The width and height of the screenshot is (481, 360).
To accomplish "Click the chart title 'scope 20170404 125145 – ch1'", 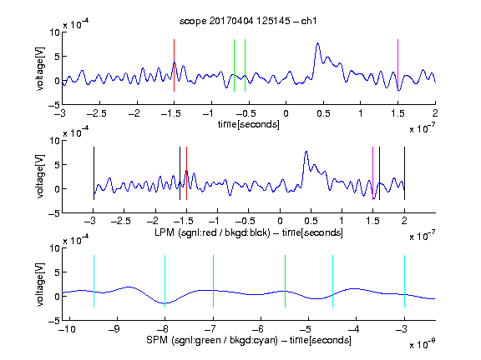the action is tap(248, 21).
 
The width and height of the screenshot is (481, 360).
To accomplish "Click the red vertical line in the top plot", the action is tap(174, 65).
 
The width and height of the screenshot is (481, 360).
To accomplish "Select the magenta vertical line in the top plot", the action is tap(397, 65).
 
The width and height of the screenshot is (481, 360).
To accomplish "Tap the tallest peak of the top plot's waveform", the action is tap(318, 44).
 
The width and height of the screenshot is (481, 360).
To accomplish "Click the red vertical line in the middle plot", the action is tap(186, 173).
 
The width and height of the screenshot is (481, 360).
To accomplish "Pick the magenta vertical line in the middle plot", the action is tap(372, 173).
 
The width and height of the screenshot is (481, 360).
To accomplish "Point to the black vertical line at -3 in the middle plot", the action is tap(94, 173).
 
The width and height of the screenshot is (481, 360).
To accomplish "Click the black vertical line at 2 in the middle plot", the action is tap(404, 173).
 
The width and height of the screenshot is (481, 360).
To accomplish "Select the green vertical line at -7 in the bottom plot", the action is tap(213, 281).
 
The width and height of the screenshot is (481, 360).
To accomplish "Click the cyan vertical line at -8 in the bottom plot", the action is tap(165, 281).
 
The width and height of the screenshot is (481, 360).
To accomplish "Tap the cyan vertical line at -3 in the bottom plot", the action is tap(404, 281).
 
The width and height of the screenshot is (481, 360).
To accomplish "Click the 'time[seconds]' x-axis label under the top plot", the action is tap(249, 124).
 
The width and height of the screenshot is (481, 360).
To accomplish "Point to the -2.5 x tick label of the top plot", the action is tap(97, 113).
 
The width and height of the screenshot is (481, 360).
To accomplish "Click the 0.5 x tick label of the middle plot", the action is tap(311, 221).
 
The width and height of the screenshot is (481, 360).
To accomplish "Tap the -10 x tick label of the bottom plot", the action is tap(67, 329).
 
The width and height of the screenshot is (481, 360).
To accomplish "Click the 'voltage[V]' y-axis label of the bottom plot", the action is tap(40, 284).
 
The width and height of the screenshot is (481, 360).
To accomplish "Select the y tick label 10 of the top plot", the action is tap(54, 32).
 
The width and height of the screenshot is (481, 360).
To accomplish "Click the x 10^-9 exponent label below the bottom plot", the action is tap(422, 344).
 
